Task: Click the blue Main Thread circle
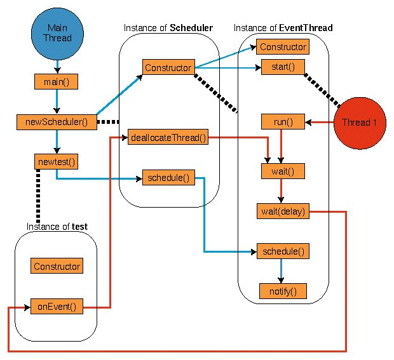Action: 57,32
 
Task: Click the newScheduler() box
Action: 57,121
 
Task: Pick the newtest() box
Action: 57,161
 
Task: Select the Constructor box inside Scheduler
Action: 168,67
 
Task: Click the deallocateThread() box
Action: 168,137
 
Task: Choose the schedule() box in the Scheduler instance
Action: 168,177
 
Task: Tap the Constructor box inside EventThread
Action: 283,47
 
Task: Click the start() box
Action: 278,67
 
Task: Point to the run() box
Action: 278,121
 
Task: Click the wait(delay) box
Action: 282,211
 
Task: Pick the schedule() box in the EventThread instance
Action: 282,251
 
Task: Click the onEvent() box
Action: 57,307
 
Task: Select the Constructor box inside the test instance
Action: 57,267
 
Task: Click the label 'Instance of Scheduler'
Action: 168,28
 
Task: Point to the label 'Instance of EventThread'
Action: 283,28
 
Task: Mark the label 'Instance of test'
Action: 57,227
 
